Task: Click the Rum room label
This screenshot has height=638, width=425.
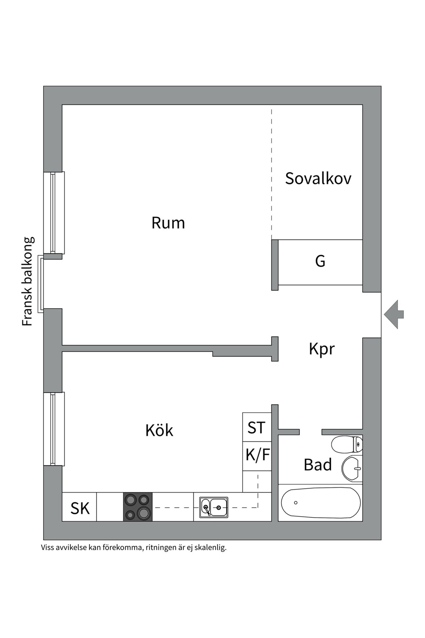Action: [168, 223]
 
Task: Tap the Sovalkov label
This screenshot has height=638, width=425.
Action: [318, 178]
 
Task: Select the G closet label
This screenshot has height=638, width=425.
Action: [320, 261]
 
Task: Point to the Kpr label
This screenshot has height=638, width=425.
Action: [322, 349]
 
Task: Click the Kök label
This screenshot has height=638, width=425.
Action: [159, 430]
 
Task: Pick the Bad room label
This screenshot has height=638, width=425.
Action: [318, 465]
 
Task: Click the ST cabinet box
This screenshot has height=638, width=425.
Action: [257, 427]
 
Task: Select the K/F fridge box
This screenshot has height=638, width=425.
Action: [257, 456]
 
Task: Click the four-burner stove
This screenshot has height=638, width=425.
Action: [138, 507]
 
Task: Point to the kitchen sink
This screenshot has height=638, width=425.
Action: [214, 507]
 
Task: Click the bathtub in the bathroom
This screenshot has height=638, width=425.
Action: [321, 503]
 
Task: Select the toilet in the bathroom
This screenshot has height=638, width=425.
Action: [347, 444]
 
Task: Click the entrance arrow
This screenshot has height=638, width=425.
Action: [394, 314]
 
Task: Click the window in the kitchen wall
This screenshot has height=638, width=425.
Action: [54, 429]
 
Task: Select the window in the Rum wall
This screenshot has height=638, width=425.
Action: [54, 213]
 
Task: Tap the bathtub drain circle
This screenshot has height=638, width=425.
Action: [296, 503]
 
